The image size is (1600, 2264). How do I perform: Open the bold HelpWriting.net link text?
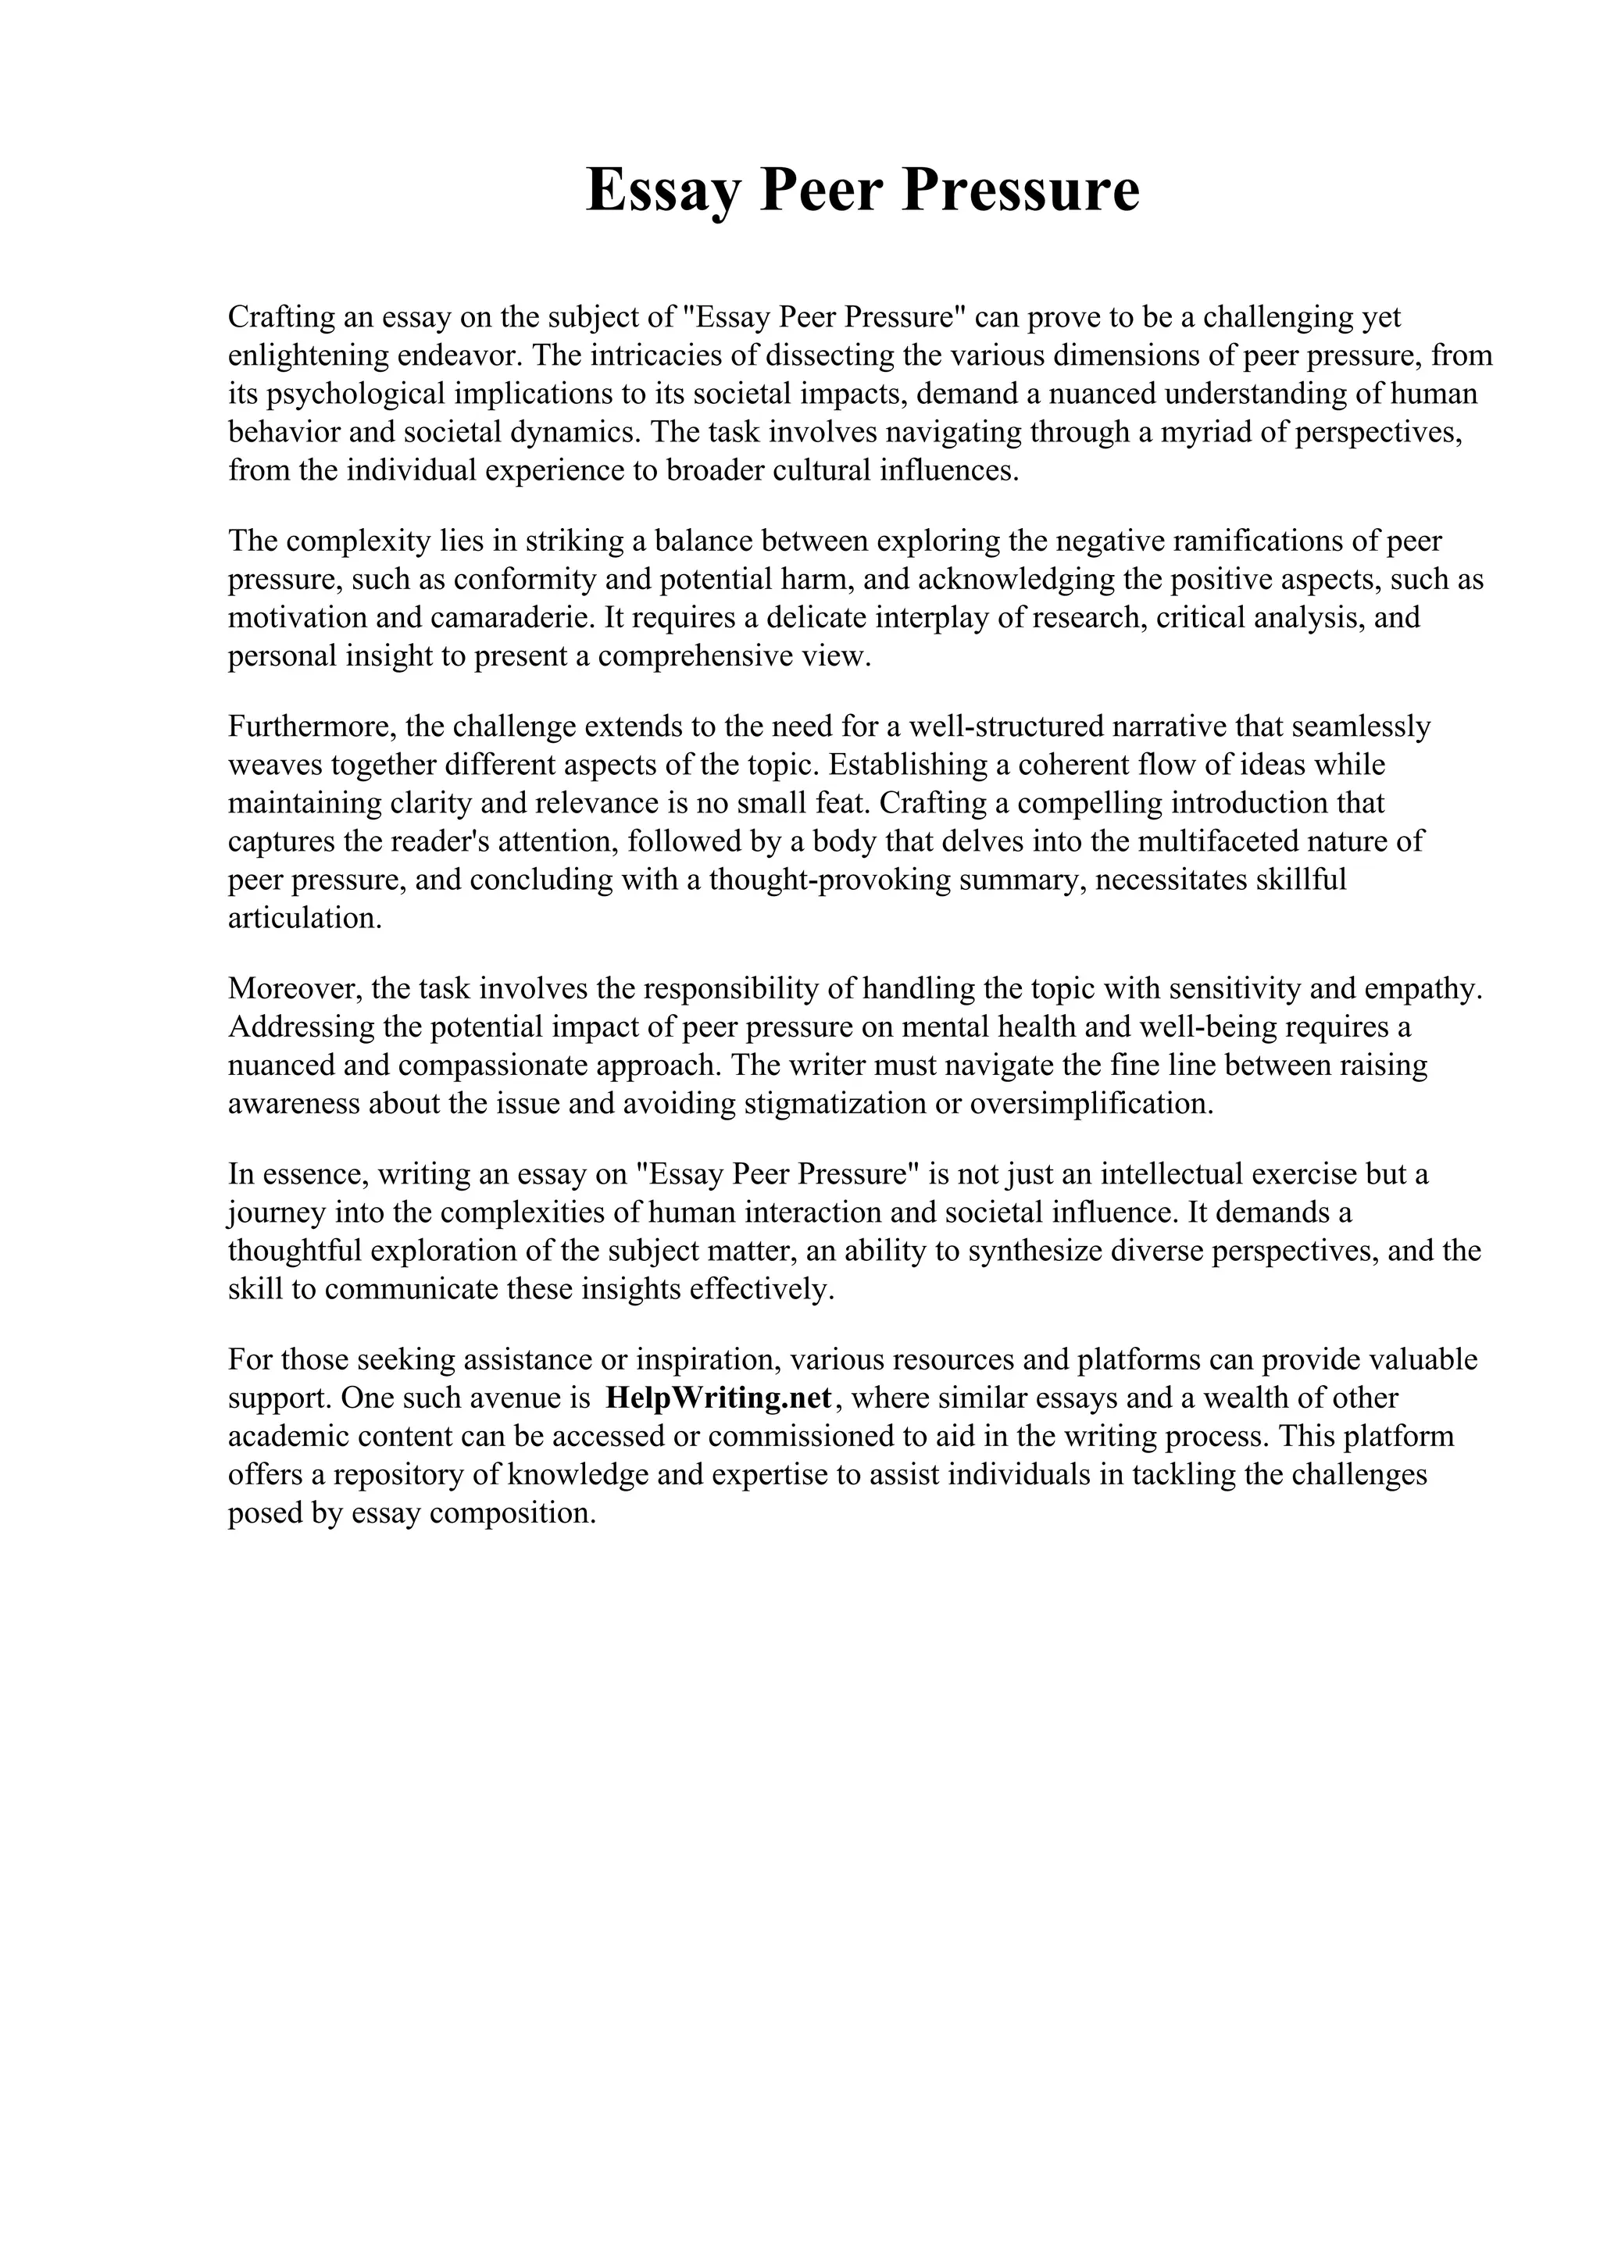(719, 1398)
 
